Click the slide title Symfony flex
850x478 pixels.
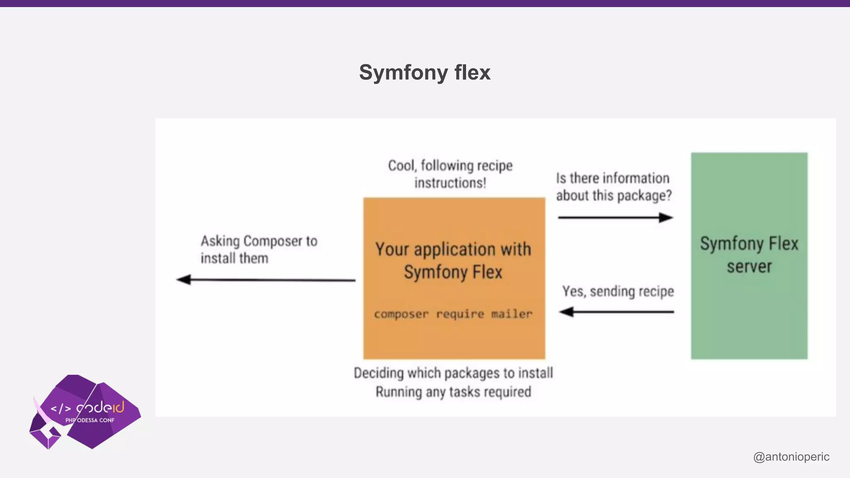coord(425,73)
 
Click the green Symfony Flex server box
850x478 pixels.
coord(749,315)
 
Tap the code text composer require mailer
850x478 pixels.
coord(453,314)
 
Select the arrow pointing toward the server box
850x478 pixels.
coord(615,217)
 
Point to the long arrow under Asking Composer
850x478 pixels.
coord(266,280)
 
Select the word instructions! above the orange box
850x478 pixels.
coord(450,183)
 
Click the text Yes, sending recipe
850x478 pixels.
coord(618,291)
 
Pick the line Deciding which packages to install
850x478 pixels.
coord(453,373)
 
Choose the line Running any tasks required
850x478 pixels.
coord(453,392)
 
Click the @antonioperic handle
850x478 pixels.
coord(791,456)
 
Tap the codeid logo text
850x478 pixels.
coord(100,407)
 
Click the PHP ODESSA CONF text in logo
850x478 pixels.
coord(90,420)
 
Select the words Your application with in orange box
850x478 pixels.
coord(453,249)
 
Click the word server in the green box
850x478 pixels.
coord(749,266)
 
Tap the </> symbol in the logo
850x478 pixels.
coord(61,409)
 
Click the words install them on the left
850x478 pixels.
coord(234,258)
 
